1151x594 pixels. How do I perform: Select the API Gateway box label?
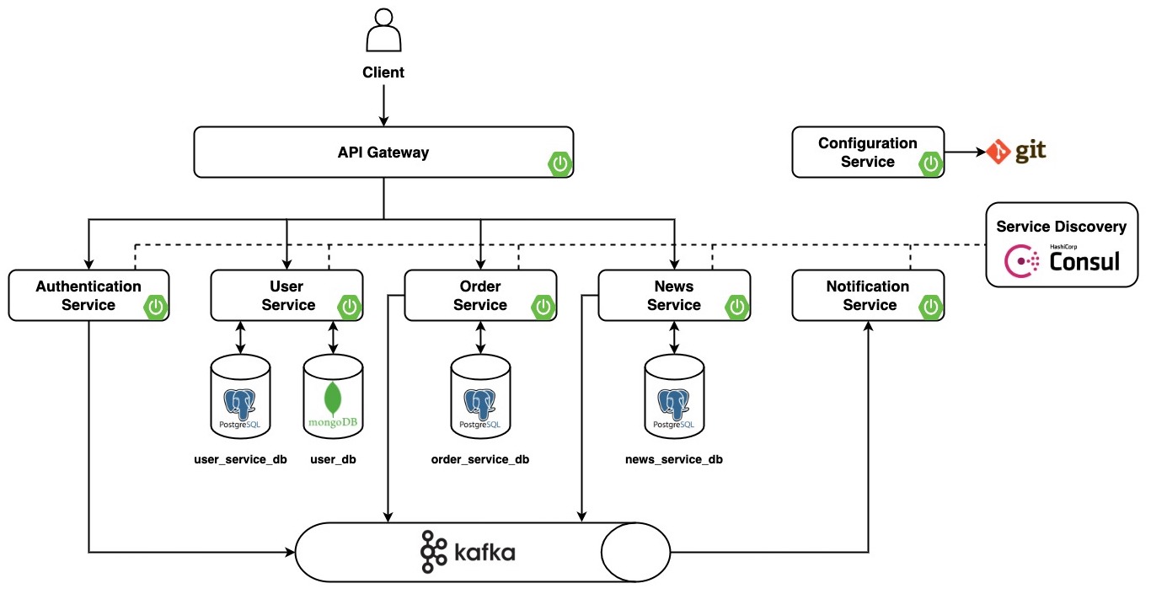click(x=383, y=153)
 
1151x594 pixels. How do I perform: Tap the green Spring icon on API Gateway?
click(x=559, y=163)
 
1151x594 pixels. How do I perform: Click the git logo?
click(x=1016, y=152)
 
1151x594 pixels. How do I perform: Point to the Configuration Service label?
click(x=867, y=153)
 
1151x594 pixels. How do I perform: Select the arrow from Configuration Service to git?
click(x=965, y=153)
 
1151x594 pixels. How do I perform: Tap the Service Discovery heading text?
click(x=1061, y=226)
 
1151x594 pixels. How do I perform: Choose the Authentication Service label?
click(x=88, y=295)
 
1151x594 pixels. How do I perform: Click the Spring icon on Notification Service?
click(x=930, y=307)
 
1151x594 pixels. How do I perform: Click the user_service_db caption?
click(x=240, y=459)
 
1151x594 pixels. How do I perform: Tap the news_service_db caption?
click(x=674, y=459)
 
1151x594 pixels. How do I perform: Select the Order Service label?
click(x=480, y=295)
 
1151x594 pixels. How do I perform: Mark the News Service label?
click(x=674, y=295)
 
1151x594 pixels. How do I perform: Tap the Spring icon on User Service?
click(x=349, y=307)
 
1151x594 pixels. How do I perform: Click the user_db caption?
click(x=333, y=459)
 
